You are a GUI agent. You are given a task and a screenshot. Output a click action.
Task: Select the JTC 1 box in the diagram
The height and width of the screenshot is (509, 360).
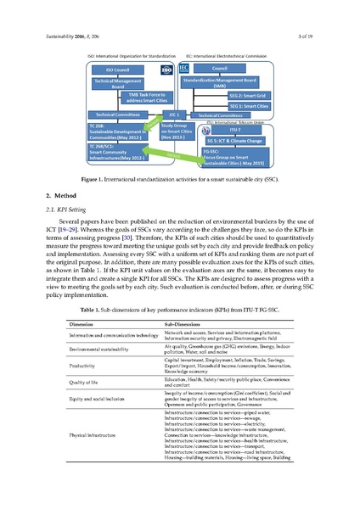172,113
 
